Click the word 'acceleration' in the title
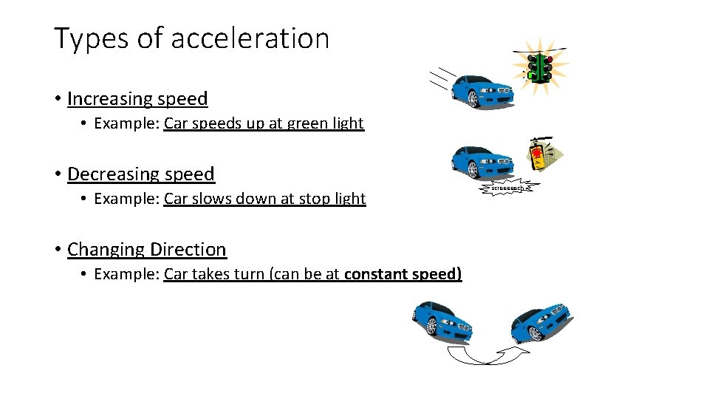coord(251,38)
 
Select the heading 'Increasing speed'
coord(137,98)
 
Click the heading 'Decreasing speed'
coord(140,174)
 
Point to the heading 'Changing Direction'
coord(146,250)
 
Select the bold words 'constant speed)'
coord(403,274)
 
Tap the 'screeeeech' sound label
coord(510,189)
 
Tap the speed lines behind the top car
coord(440,78)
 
